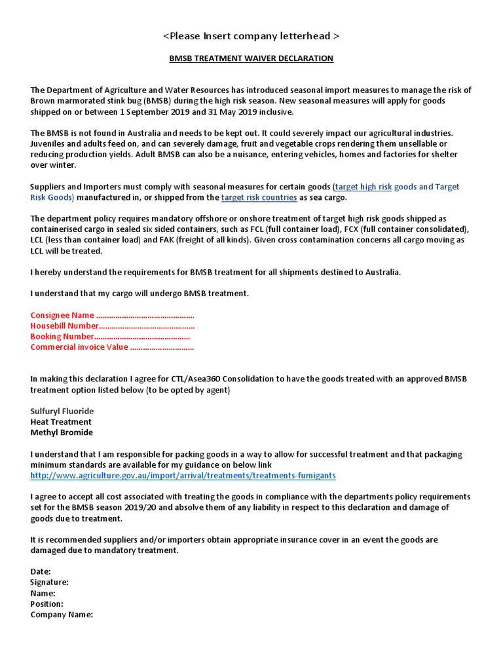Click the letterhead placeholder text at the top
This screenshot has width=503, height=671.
[x=251, y=35]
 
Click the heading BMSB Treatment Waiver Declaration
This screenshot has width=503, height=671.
[x=251, y=58]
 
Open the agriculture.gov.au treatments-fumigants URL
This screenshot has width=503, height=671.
[x=183, y=475]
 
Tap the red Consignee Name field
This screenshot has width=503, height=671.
[x=112, y=315]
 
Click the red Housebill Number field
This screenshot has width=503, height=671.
[x=112, y=326]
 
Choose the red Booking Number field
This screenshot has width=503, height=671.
[x=110, y=336]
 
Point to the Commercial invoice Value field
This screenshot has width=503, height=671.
[x=112, y=347]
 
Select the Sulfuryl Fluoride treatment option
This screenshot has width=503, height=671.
[x=62, y=411]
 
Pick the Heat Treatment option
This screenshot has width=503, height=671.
[x=61, y=421]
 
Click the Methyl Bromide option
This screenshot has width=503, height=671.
[x=62, y=432]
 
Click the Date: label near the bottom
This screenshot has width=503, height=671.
[x=41, y=571]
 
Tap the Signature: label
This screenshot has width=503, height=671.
[x=49, y=582]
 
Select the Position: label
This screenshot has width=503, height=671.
[x=47, y=604]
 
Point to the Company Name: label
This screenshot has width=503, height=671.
[x=62, y=615]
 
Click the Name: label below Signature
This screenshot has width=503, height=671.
[x=43, y=593]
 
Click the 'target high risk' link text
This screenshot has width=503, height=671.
[x=363, y=187]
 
